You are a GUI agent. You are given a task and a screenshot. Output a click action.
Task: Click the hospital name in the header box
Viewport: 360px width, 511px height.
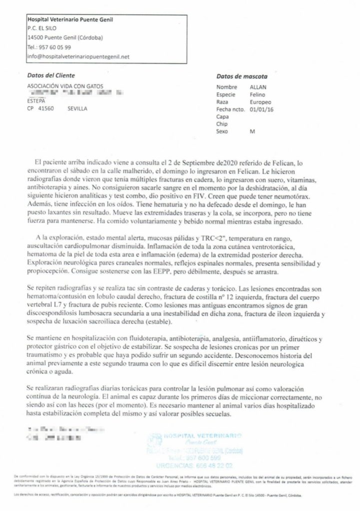pyautogui.click(x=70, y=19)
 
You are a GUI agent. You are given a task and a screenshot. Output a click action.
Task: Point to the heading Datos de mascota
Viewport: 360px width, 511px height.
pyautogui.click(x=242, y=77)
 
